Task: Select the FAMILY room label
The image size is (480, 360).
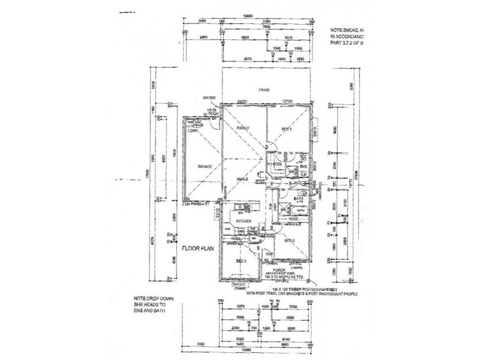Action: [x=243, y=128]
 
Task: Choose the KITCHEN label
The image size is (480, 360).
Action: [x=242, y=221]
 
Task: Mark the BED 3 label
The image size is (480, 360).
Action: [x=289, y=241]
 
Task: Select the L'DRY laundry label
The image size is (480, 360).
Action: [x=193, y=130]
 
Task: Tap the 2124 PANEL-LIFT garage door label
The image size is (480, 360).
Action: [x=199, y=205]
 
